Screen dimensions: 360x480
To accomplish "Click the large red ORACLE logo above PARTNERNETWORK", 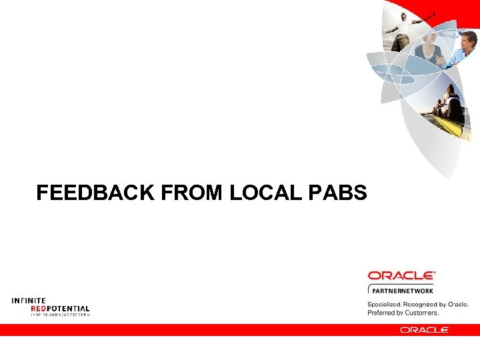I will (x=401, y=275).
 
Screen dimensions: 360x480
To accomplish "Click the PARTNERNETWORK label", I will (x=403, y=291).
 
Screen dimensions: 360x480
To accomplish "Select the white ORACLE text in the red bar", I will (x=425, y=329).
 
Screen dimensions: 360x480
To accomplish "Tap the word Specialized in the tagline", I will (x=385, y=304).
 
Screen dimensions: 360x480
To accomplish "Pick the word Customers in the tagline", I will (x=421, y=312).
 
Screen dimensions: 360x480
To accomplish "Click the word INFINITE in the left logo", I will (x=29, y=301).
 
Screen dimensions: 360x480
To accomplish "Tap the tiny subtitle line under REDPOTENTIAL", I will (x=60, y=314).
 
